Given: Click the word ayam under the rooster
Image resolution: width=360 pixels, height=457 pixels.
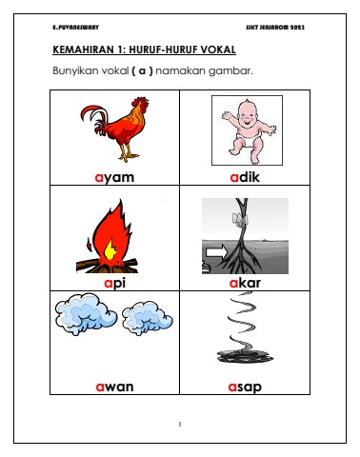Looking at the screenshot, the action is point(114,178).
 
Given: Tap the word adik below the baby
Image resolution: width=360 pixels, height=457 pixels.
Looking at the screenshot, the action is point(245,177).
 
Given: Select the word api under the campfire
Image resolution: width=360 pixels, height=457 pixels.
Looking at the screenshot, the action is point(114,283).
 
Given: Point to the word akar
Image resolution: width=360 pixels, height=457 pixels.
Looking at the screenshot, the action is point(245,283).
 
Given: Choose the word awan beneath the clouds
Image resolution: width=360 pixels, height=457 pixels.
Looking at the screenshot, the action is point(114,387).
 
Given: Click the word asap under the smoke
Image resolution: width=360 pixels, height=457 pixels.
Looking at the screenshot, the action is point(245,387).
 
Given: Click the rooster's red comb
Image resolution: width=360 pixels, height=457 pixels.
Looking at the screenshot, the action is point(140,101).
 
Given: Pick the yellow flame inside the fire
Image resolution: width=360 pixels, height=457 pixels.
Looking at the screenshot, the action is point(110,249).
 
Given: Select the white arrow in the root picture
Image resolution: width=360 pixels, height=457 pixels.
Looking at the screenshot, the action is point(217,252).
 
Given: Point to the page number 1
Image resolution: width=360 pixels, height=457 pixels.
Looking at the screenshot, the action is point(180,424).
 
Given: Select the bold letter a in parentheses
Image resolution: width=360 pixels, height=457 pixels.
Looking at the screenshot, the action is point(142,70).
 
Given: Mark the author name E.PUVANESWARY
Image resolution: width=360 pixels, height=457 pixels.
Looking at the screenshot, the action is point(75,28).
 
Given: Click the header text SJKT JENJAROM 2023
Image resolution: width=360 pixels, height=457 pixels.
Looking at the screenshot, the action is point(275,28).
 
